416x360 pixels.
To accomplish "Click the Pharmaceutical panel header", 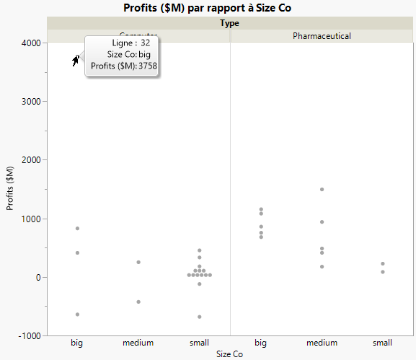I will (322, 35).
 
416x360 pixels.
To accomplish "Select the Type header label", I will (230, 23).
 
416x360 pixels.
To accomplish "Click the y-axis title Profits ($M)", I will (10, 189).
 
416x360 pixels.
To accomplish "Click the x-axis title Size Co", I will (230, 354).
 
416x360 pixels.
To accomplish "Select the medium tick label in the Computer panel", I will (138, 343).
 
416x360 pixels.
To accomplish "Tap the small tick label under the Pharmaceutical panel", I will (383, 343).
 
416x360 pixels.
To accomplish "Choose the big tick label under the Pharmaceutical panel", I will (261, 343).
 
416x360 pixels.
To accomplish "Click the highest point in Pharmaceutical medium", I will (322, 189).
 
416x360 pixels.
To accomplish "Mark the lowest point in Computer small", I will (200, 317).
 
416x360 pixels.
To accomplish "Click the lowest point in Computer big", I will (77, 315).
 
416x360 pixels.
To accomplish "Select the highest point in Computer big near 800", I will (77, 228).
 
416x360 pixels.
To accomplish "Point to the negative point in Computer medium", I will (138, 302).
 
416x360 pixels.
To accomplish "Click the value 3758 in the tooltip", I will (148, 66).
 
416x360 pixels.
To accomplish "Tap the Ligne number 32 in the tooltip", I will (145, 43).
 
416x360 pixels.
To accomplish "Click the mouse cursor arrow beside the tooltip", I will (75, 61).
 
